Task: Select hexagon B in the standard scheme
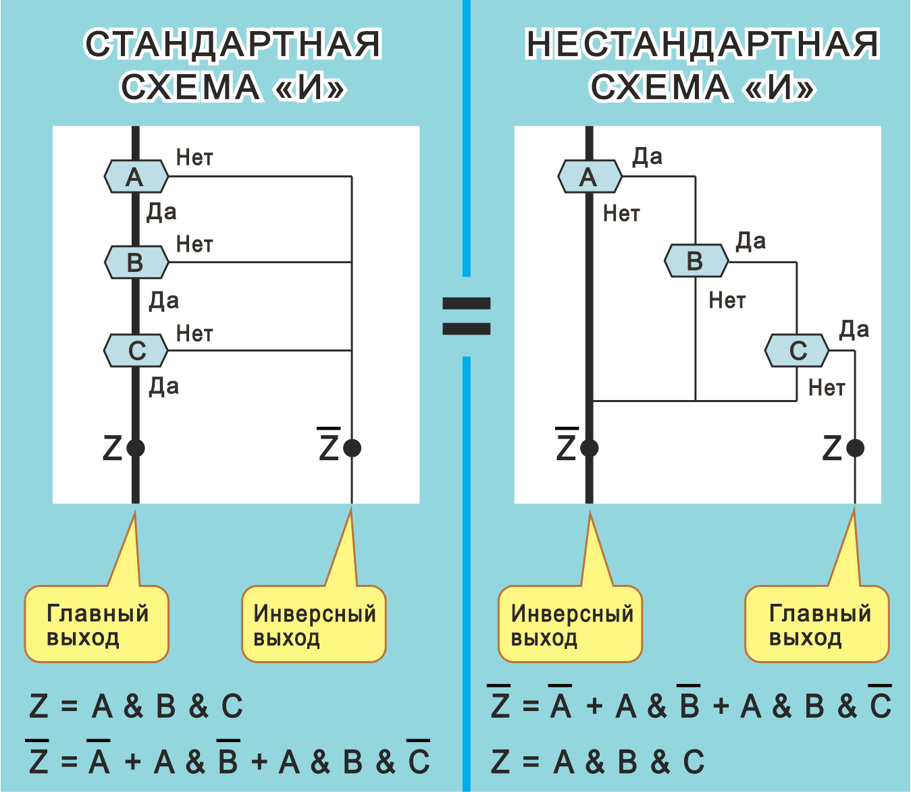136,262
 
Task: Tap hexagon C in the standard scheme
136,350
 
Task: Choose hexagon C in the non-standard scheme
797,350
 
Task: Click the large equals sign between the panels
466,316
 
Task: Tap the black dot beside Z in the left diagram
136,448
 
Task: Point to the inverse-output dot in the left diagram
352,448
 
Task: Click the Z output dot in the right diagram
855,448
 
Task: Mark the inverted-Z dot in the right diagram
590,448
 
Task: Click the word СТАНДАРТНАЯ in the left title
233,45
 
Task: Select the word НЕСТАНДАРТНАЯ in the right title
702,45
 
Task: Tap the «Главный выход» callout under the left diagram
97,624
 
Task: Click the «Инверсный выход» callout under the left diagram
314,624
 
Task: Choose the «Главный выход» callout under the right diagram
817,624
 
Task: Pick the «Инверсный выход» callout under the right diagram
571,624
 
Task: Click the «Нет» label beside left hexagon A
194,158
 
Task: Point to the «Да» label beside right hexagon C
854,330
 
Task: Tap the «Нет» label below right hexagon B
727,300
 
